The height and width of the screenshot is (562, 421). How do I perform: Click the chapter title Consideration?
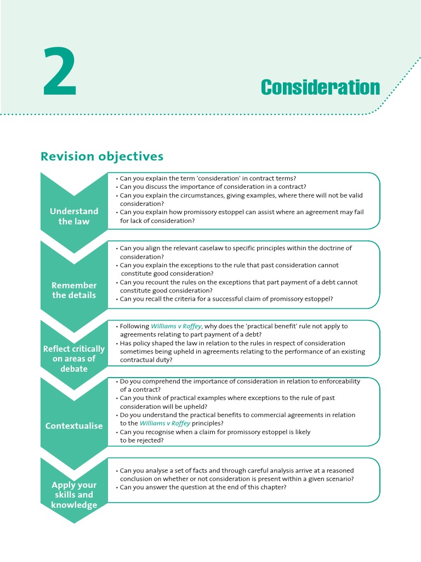(x=320, y=87)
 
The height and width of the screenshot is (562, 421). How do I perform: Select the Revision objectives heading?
(x=102, y=156)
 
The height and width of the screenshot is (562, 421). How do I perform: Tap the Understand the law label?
(x=74, y=216)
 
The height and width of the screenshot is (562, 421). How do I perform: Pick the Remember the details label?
(x=74, y=290)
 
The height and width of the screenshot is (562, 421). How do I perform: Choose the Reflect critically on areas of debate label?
(x=74, y=359)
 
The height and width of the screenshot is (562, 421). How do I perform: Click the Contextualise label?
(x=74, y=426)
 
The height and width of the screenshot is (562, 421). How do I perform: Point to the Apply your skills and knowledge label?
(x=74, y=495)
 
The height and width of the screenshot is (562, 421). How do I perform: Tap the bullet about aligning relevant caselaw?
(x=236, y=252)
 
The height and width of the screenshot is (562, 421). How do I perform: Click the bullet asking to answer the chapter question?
(x=203, y=487)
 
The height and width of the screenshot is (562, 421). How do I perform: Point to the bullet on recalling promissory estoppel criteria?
(x=224, y=299)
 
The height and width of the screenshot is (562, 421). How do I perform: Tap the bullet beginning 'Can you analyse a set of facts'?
(x=236, y=474)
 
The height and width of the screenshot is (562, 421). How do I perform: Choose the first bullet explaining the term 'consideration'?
(x=208, y=178)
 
